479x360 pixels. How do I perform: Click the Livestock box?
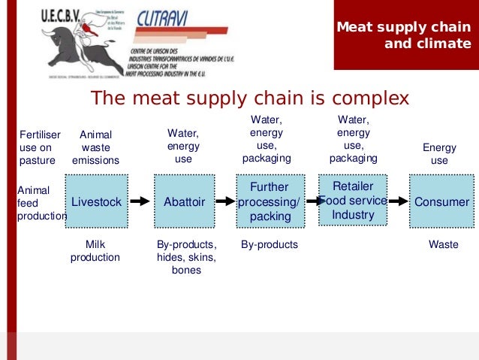coord(97,201)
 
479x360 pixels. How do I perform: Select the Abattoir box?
coord(184,201)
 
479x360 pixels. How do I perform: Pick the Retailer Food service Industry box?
coord(353,200)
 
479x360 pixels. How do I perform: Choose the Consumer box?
coord(441,201)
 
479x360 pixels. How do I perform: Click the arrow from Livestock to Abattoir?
coord(141,201)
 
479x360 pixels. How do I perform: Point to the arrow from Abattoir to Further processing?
coord(225,201)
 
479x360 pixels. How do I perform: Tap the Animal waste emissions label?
coord(95,147)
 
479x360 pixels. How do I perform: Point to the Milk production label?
coord(95,251)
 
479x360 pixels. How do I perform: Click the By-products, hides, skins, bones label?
coord(186,257)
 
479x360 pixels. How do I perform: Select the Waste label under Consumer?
coord(443,245)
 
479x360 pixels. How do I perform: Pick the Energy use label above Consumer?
coord(439,154)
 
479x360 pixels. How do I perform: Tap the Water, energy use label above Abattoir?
coord(183,147)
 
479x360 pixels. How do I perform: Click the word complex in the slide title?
coord(363,98)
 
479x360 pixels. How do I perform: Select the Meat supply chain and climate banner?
coord(404,35)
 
